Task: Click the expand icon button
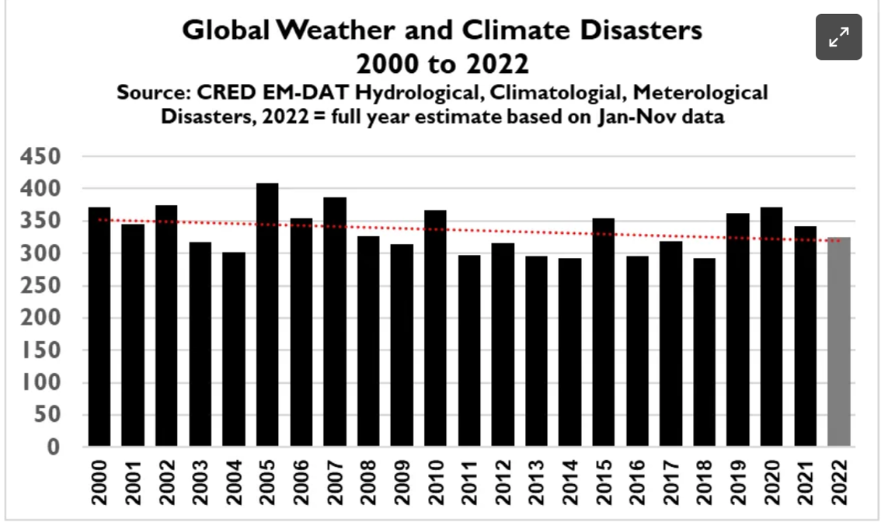pos(838,37)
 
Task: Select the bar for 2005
pos(267,315)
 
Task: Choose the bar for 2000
pos(99,326)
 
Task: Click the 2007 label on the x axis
pos(336,482)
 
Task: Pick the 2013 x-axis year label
pos(537,482)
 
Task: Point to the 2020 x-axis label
pos(772,482)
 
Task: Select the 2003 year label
pos(200,482)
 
